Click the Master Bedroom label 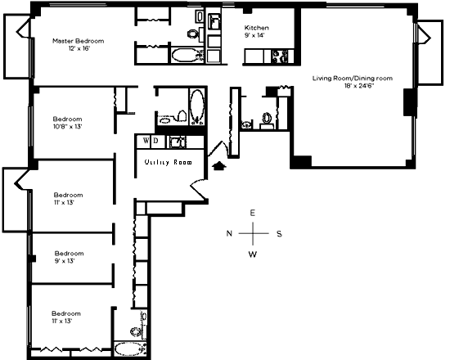78,41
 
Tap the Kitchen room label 257,28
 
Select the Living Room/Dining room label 353,78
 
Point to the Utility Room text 169,162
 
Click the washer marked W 146,141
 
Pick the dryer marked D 155,141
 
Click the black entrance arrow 219,165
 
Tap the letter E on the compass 252,213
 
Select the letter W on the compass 253,254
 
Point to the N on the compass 229,233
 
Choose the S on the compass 279,234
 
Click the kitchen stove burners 280,56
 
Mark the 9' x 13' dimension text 65,261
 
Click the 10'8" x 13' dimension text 68,126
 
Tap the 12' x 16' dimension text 79,48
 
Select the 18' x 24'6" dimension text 359,86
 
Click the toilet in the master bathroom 193,34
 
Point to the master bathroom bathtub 186,55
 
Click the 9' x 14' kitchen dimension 254,35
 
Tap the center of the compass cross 253,233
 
